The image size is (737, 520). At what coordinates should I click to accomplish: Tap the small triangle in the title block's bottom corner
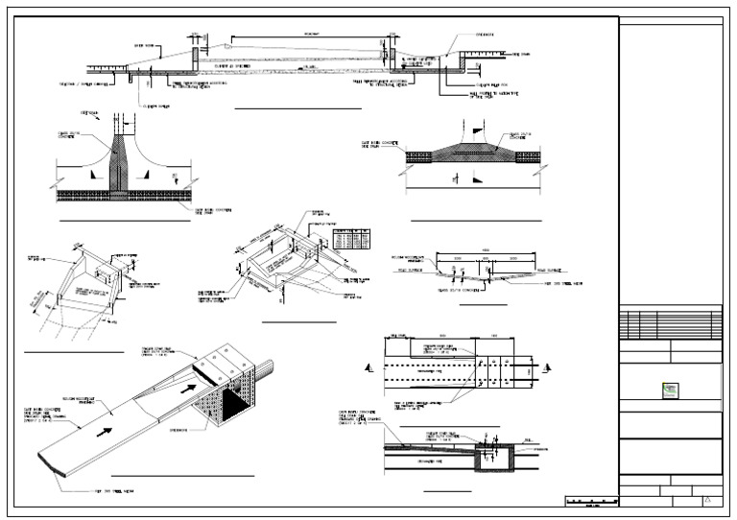(708, 500)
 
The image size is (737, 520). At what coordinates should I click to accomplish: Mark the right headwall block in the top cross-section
(393, 59)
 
